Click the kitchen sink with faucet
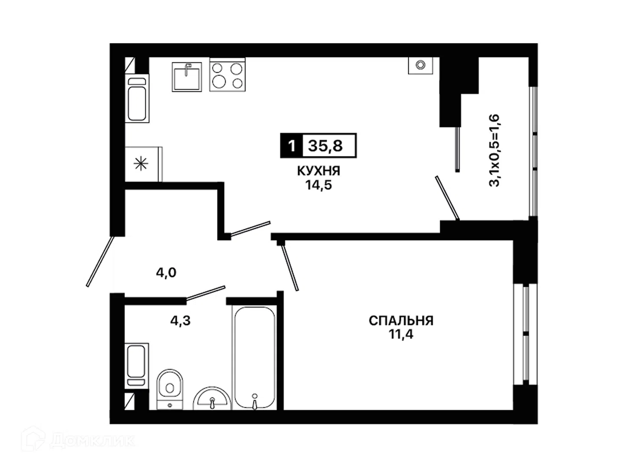(186, 77)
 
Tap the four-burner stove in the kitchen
(227, 75)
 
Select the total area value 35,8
(325, 146)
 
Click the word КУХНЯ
(318, 171)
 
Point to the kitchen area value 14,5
(318, 185)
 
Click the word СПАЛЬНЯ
(401, 321)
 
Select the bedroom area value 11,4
(401, 335)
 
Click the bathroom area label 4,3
(180, 321)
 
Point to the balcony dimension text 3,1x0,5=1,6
(494, 150)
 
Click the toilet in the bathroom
(170, 389)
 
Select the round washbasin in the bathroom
(212, 398)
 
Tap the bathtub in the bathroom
(254, 358)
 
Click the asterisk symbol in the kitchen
(141, 164)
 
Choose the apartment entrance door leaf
(100, 261)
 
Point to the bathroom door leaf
(205, 293)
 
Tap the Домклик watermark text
(92, 441)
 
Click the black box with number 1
(291, 146)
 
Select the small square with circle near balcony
(420, 65)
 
